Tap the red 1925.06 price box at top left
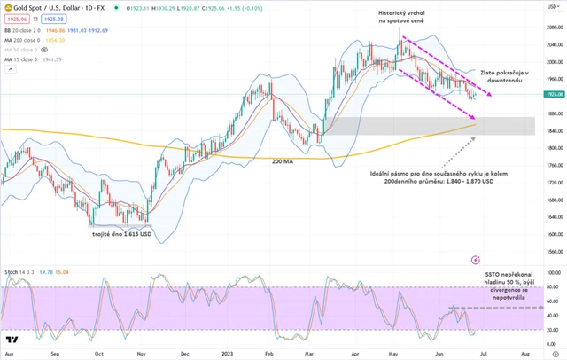click(x=14, y=18)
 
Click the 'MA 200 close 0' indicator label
click(x=25, y=39)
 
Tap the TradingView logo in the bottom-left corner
click(x=12, y=339)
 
